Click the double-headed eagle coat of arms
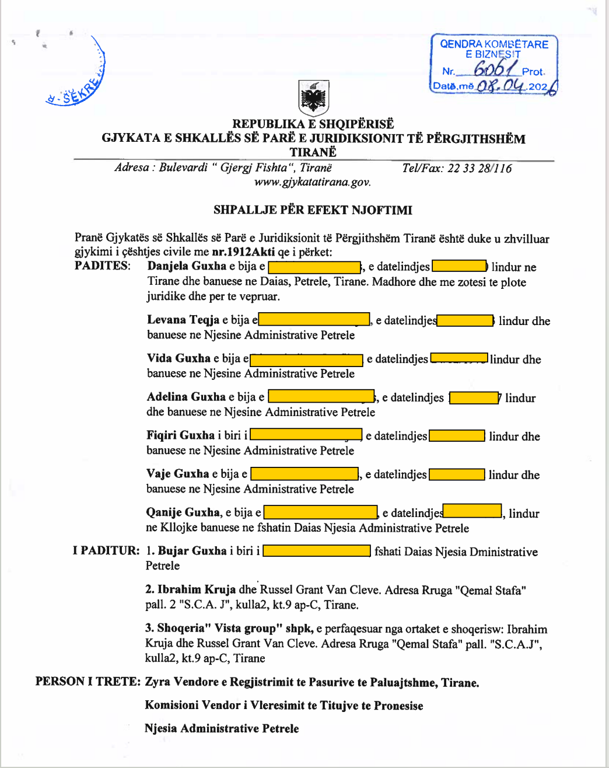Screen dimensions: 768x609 pyautogui.click(x=314, y=98)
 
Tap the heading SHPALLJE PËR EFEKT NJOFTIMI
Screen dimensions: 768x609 pyautogui.click(x=313, y=210)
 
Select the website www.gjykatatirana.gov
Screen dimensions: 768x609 pyautogui.click(x=312, y=182)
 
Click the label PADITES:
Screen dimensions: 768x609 pyautogui.click(x=102, y=266)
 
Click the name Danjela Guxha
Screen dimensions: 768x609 pyautogui.click(x=187, y=266)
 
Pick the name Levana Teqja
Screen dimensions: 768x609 pyautogui.click(x=183, y=320)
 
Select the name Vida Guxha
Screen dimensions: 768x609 pyautogui.click(x=178, y=358)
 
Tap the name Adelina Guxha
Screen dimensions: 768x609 pyautogui.click(x=186, y=397)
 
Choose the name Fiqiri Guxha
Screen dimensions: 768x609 pyautogui.click(x=181, y=435)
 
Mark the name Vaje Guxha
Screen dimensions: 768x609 pyautogui.click(x=178, y=474)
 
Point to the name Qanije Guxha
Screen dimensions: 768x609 pyautogui.click(x=183, y=512)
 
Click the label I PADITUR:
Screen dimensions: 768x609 pyautogui.click(x=106, y=551)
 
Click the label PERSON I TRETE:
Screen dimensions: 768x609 pyautogui.click(x=87, y=682)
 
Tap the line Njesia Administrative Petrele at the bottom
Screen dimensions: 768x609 pyautogui.click(x=222, y=728)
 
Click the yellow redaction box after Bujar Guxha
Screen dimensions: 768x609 pyautogui.click(x=317, y=551)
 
